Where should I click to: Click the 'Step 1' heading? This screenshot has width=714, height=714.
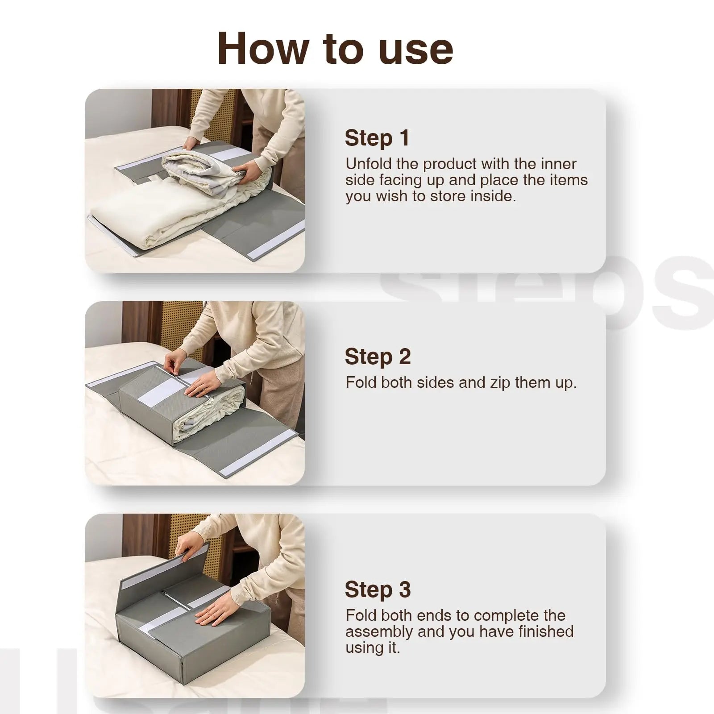click(x=377, y=138)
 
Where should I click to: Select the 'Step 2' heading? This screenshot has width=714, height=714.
click(x=378, y=357)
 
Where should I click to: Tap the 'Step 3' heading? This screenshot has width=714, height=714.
click(x=378, y=589)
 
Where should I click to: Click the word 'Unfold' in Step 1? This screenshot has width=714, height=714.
click(x=369, y=164)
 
